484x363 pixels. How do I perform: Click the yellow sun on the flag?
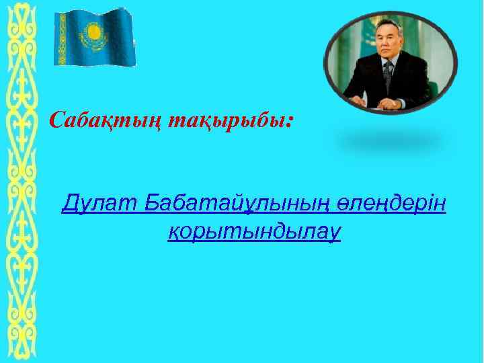91,31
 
